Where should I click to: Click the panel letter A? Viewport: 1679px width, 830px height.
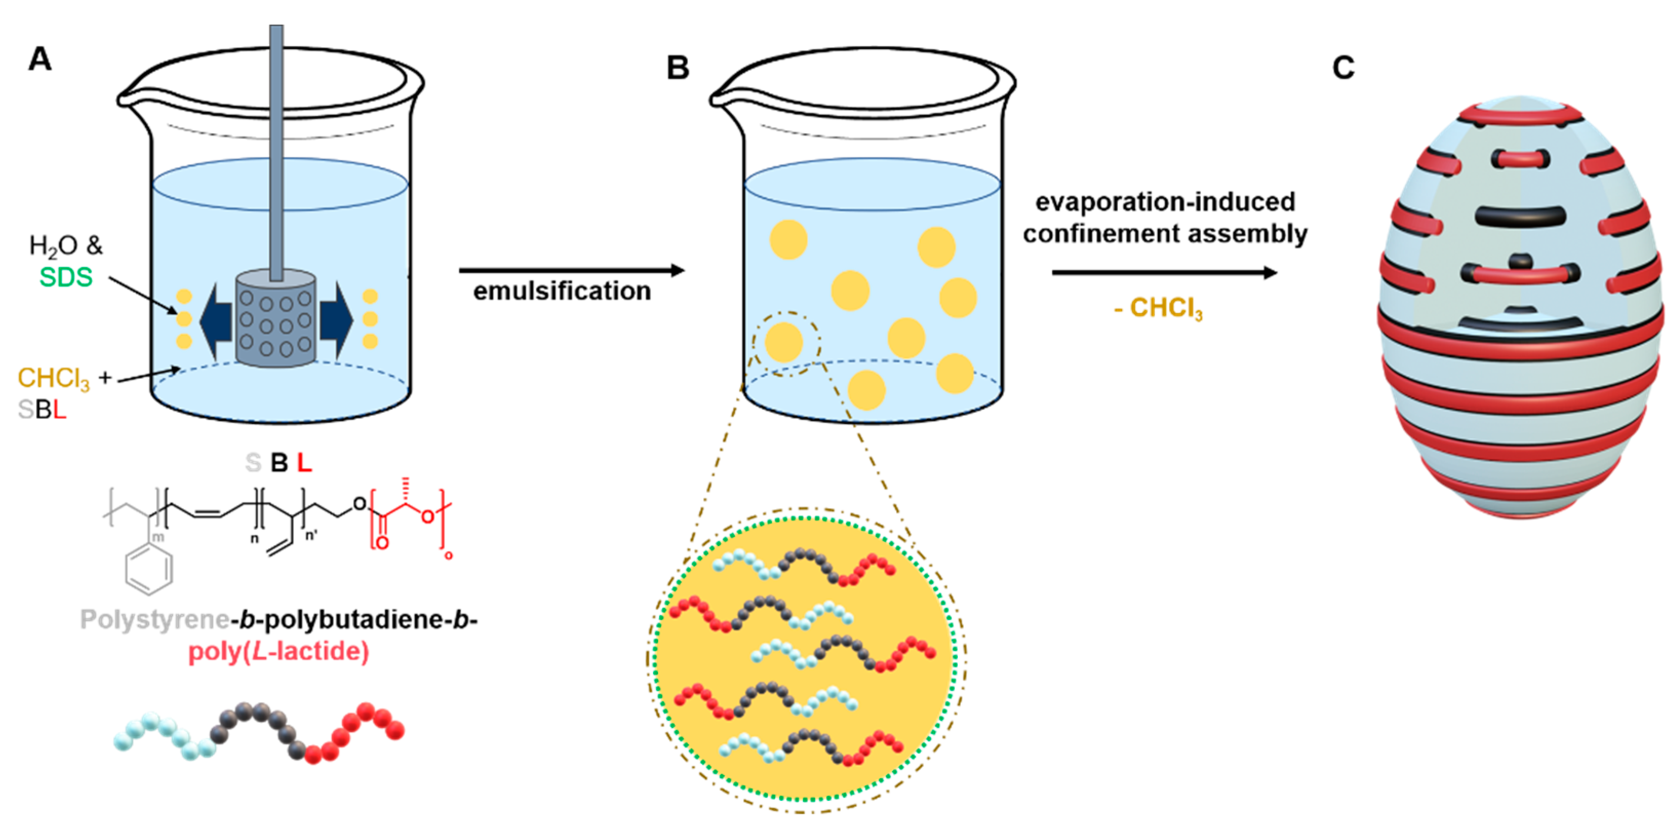(x=40, y=60)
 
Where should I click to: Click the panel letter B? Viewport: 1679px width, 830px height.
(x=678, y=68)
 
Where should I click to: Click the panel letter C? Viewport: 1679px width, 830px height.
(x=1344, y=68)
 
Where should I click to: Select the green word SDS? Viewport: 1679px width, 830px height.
(x=66, y=277)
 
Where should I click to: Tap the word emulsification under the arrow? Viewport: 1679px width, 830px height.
(x=562, y=291)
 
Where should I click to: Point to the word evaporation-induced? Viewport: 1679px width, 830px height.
(x=1165, y=202)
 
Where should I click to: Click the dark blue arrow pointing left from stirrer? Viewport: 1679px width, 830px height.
(x=215, y=320)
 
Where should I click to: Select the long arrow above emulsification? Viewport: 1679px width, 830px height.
(x=571, y=270)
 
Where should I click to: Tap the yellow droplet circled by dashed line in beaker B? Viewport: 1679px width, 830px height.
(x=783, y=342)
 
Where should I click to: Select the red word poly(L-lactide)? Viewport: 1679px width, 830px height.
(x=279, y=651)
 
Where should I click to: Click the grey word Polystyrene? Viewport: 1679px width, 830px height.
(x=154, y=619)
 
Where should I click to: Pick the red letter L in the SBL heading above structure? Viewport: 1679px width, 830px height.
(x=304, y=463)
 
